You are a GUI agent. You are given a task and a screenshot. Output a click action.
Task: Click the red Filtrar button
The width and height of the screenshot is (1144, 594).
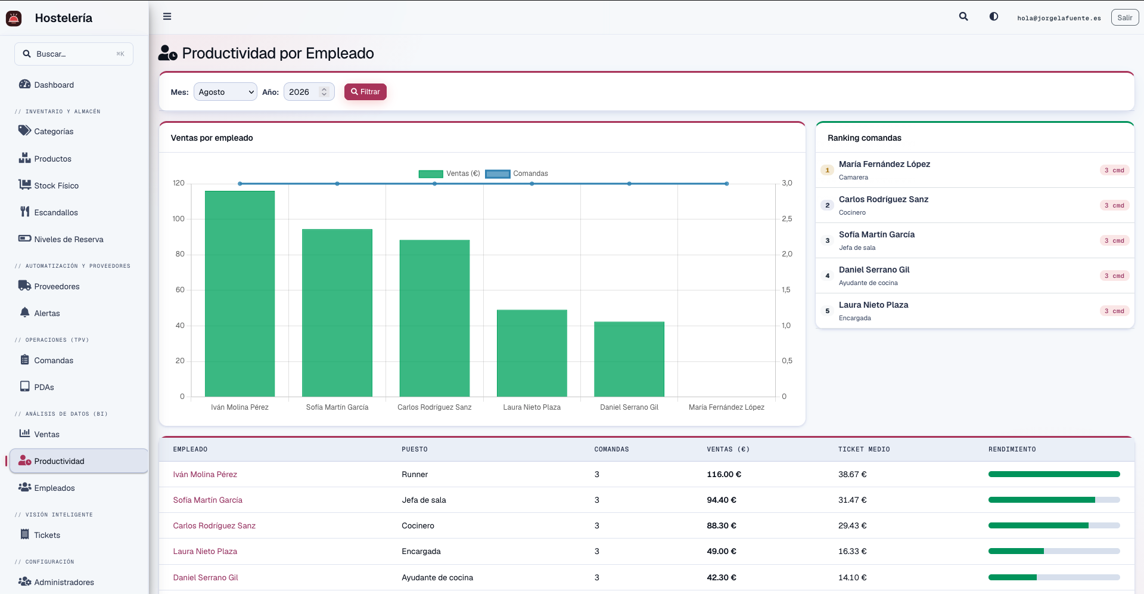pos(365,92)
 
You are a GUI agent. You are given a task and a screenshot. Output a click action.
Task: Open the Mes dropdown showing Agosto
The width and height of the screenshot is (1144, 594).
pos(225,92)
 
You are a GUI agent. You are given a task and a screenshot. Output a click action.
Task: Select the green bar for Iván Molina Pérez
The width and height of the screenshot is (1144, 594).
pos(240,293)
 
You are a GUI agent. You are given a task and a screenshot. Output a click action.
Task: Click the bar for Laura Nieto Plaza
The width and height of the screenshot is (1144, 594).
pos(531,353)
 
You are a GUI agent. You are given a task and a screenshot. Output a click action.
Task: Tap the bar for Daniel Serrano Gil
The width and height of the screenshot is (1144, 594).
pos(629,359)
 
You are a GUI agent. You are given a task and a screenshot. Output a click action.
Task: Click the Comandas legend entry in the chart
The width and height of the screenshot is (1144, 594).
pos(517,174)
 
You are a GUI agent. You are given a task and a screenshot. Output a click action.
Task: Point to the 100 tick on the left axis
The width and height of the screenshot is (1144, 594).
pos(179,219)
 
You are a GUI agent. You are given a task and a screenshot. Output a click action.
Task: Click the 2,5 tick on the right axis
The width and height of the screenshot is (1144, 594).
pos(787,219)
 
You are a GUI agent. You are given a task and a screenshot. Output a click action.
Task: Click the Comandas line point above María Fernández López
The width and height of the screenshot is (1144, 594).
pos(726,184)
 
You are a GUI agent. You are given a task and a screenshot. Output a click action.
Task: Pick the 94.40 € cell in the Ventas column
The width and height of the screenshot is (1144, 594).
pos(722,500)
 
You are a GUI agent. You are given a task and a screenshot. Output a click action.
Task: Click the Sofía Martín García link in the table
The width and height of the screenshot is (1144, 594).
pos(207,500)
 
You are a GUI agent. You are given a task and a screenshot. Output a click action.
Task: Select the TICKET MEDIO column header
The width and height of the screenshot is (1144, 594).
pos(864,449)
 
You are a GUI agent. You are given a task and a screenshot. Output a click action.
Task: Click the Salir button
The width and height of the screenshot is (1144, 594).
pos(1124,18)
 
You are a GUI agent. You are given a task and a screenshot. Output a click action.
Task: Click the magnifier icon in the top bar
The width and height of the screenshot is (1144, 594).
pos(963,17)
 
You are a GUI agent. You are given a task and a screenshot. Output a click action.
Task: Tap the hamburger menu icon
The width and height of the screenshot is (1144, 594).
pos(167,17)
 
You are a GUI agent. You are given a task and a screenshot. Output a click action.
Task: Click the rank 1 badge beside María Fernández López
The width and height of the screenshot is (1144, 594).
pos(827,170)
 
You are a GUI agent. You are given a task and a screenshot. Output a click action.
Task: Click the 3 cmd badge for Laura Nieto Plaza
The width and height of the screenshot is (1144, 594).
pos(1114,311)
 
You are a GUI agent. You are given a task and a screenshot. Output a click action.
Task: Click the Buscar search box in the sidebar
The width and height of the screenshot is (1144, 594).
pos(74,54)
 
